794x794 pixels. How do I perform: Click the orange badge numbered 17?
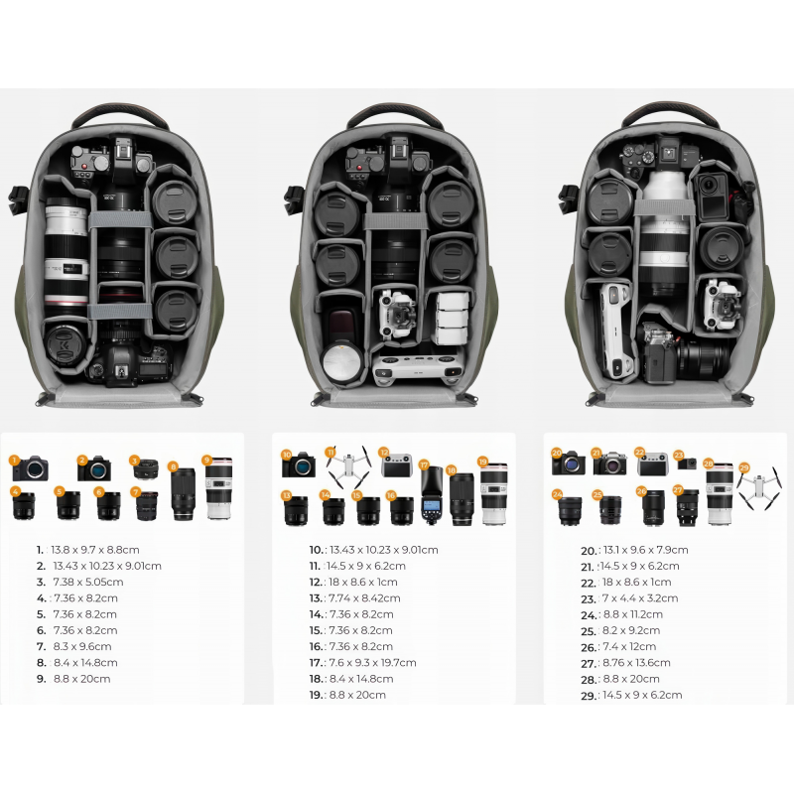[x=424, y=464]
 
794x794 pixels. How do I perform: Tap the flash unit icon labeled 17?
[x=432, y=494]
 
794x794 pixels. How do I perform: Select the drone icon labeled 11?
[x=349, y=465]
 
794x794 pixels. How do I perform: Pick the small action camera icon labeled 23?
[x=687, y=463]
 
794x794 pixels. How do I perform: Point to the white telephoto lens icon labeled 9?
[x=218, y=488]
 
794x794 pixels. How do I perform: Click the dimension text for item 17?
[x=373, y=662]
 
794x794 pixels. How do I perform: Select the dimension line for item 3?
[x=79, y=582]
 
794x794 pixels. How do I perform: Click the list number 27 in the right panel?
[x=588, y=663]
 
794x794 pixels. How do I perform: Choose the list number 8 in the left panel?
[x=41, y=662]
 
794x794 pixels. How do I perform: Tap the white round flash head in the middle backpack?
[x=341, y=362]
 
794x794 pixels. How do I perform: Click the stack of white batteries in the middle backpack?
[x=452, y=318]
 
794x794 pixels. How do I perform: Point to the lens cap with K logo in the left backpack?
[x=66, y=345]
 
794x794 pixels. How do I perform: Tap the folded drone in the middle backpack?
[x=398, y=314]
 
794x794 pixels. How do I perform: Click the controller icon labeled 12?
[x=397, y=465]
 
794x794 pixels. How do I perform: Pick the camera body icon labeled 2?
[x=94, y=468]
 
